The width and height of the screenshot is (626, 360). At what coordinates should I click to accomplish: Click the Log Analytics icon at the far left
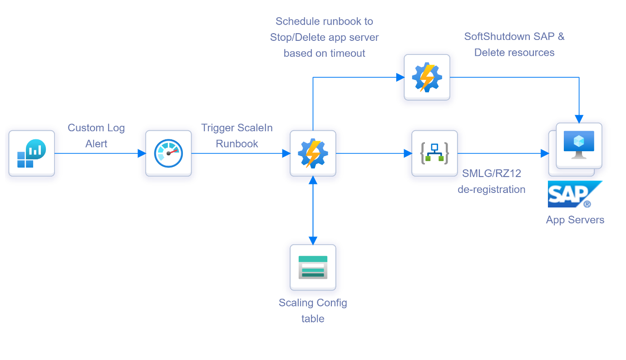(x=32, y=153)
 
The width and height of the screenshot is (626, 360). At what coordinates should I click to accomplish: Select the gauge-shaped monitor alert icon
(x=168, y=153)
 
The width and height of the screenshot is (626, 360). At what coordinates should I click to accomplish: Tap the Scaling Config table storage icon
(x=313, y=267)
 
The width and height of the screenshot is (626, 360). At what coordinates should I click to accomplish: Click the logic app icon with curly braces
(x=434, y=153)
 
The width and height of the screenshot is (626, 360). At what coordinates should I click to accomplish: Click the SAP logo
(x=574, y=194)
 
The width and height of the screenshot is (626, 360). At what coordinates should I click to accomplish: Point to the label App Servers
(x=575, y=220)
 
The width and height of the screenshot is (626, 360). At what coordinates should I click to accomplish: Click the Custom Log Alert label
(x=96, y=136)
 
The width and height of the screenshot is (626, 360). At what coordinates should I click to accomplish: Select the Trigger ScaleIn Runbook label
(x=237, y=136)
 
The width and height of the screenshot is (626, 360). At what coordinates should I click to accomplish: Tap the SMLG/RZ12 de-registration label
(x=492, y=181)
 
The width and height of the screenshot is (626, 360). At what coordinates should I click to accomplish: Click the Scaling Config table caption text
(x=313, y=311)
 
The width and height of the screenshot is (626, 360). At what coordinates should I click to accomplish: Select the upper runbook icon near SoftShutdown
(x=427, y=77)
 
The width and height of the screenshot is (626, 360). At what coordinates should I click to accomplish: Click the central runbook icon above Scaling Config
(x=313, y=153)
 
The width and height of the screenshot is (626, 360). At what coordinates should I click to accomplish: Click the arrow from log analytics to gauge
(x=100, y=153)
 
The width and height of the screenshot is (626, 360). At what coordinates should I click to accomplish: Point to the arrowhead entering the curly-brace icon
(x=408, y=153)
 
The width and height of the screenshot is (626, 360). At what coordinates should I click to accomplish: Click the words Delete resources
(x=514, y=53)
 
